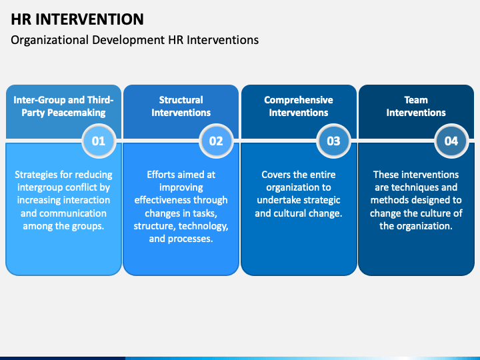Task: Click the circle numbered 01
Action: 99,141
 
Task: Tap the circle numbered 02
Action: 216,141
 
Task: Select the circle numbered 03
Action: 334,141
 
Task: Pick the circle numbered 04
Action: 451,141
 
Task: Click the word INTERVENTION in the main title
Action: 89,19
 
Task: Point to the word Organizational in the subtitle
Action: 49,41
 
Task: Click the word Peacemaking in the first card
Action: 77,113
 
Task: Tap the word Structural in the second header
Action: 181,100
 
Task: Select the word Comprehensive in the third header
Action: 299,100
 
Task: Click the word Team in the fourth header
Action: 416,100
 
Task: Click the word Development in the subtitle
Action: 128,41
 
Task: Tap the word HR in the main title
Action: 21,19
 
